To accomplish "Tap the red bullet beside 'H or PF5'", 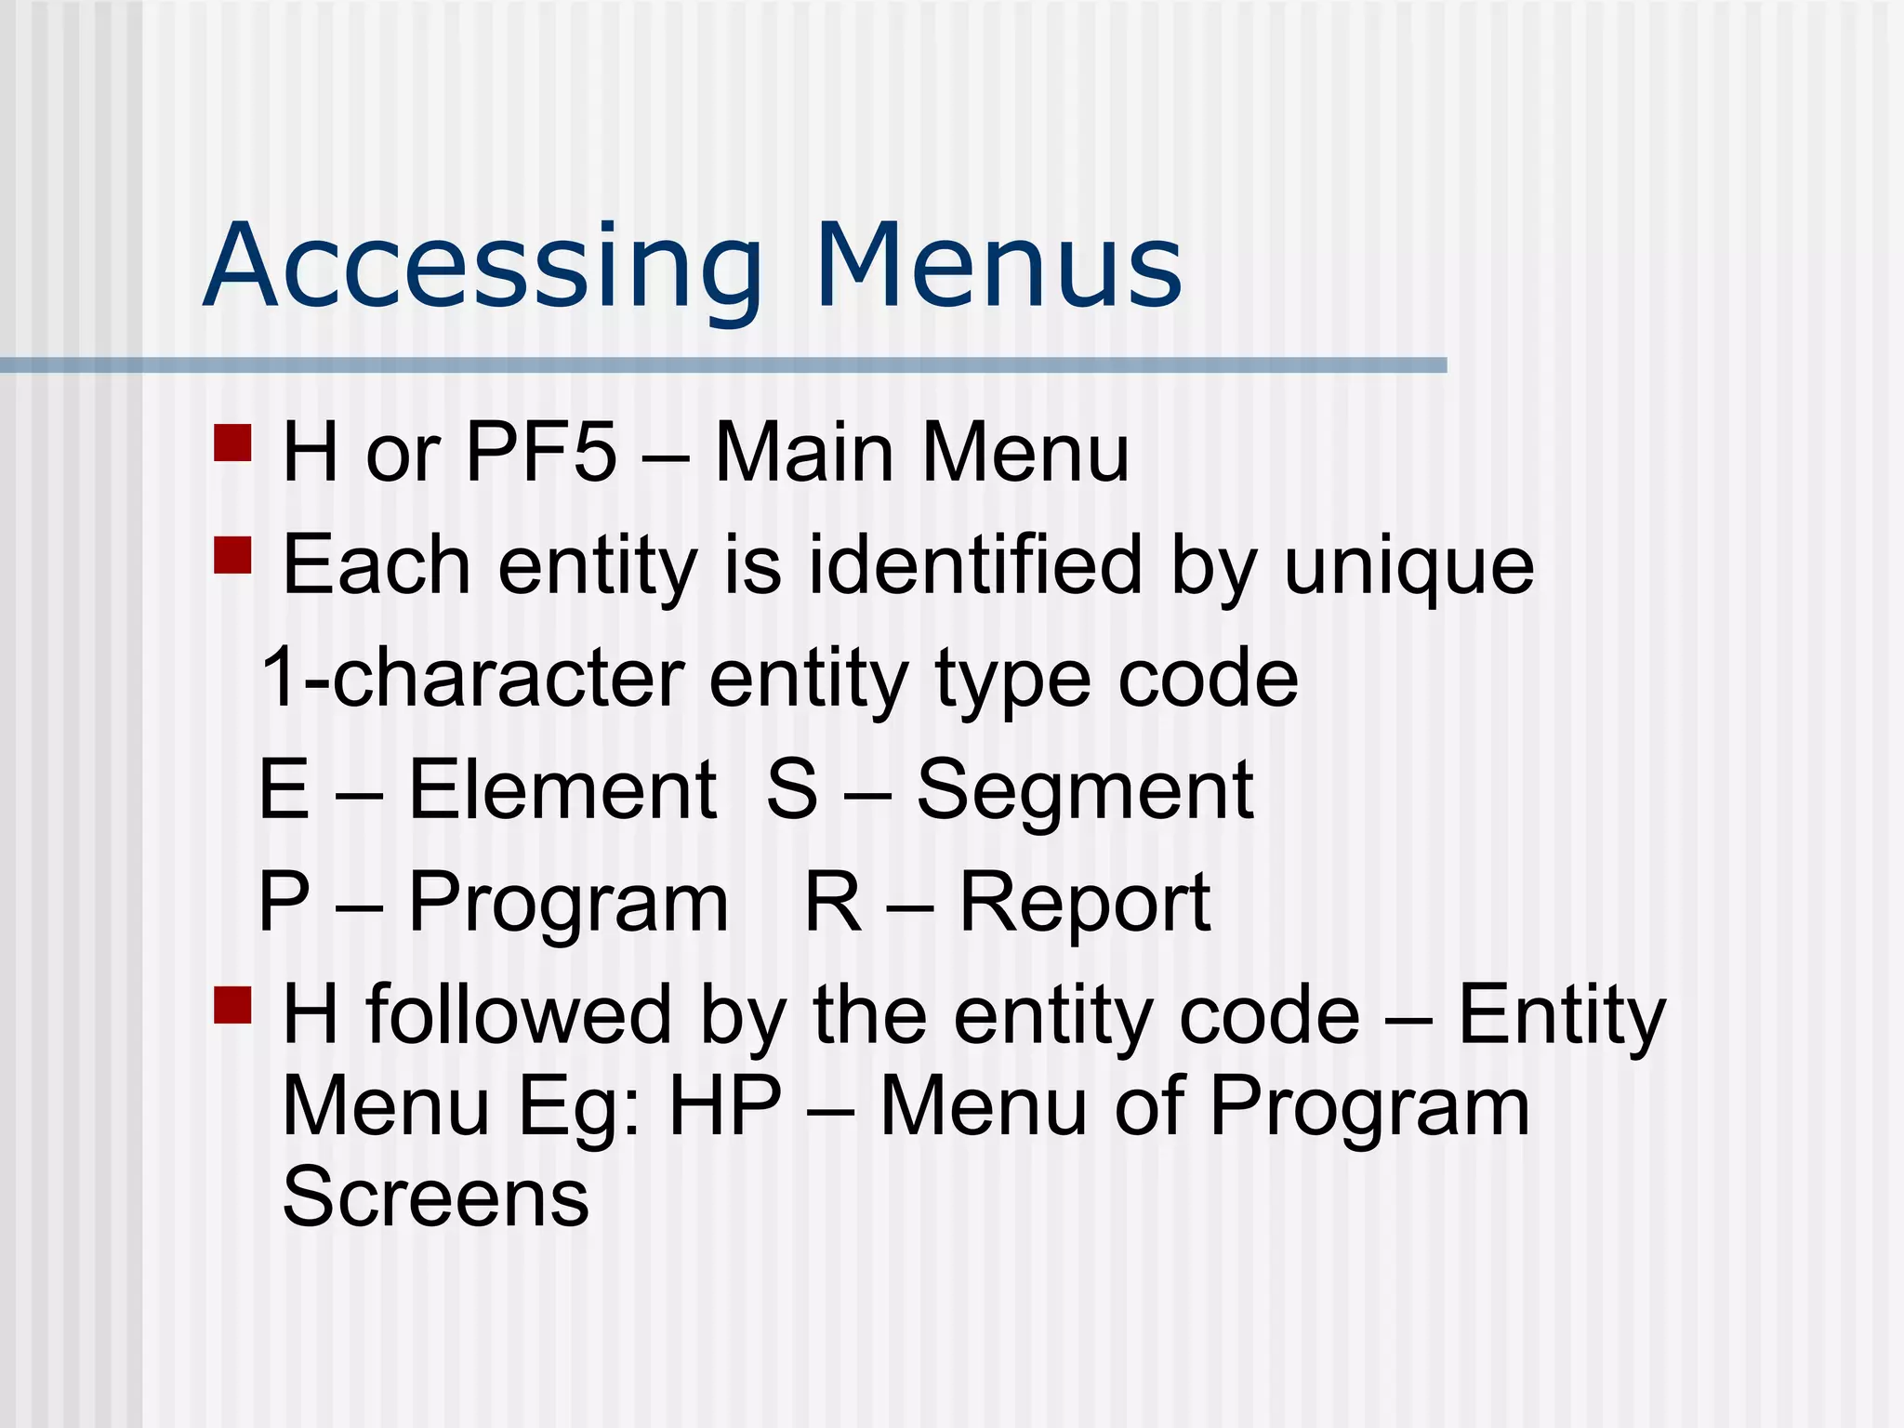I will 232,443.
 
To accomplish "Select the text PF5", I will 540,453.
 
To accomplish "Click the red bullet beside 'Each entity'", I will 232,555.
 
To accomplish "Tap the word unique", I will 1408,566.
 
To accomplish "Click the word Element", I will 562,789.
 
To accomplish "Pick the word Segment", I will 1085,791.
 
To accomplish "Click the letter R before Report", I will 833,901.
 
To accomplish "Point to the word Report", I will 1085,903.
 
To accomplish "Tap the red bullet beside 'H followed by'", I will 232,1004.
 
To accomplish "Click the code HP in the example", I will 725,1105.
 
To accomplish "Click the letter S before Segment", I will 792,789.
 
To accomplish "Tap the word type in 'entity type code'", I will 1011,679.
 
